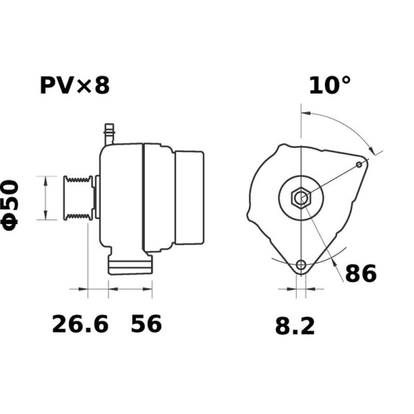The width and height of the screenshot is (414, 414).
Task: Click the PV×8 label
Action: click(75, 85)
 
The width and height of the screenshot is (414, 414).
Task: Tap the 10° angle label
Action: click(330, 85)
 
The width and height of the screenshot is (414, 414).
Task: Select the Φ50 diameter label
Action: click(11, 204)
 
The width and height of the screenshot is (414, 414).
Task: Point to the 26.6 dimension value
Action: click(80, 324)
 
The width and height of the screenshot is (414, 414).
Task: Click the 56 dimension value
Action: click(146, 324)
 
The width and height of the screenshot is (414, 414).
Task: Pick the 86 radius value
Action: click(361, 274)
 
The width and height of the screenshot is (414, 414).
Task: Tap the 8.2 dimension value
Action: click(294, 327)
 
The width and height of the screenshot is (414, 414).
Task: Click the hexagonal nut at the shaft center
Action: click(301, 198)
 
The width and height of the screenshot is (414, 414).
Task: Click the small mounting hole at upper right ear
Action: click(360, 164)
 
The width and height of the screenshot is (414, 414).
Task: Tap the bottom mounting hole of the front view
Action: click(301, 265)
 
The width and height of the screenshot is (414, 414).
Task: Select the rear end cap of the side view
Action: click(189, 198)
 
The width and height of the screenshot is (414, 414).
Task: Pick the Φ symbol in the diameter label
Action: click(11, 222)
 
